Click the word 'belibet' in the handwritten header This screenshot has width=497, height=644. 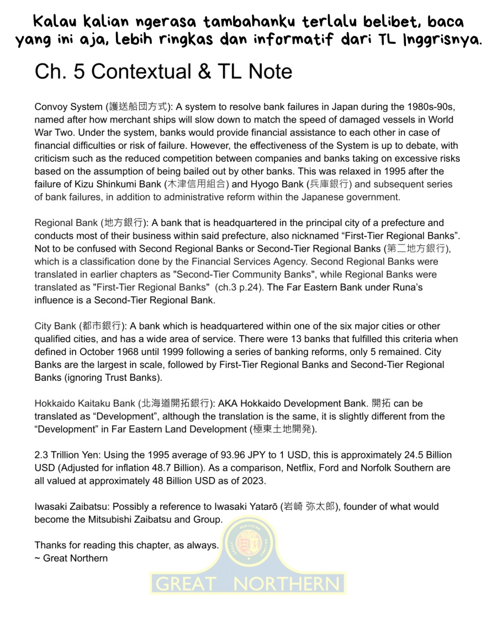pos(377,22)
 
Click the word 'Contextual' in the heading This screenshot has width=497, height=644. pos(138,72)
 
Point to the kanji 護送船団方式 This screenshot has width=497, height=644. pos(141,107)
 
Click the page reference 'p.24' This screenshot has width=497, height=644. pos(248,287)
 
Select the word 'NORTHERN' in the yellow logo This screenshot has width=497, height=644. pos(287,583)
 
